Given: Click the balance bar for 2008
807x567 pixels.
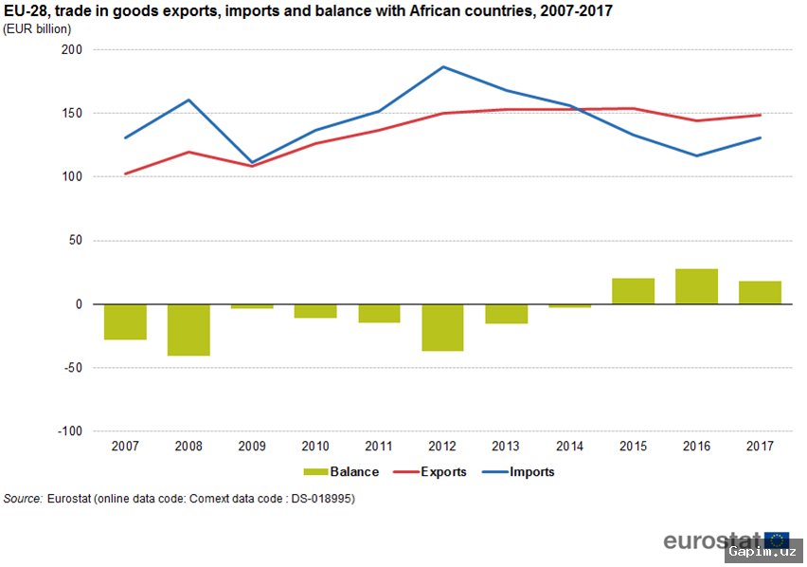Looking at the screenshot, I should pos(188,330).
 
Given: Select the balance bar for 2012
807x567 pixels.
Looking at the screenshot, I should pos(442,328).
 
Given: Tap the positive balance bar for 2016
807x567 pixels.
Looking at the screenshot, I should pos(696,286).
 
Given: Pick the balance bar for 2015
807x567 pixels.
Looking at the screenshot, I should pos(633,291).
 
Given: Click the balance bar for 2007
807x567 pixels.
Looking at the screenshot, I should pos(125,322).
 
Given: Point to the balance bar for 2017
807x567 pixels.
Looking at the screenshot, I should pos(760,293).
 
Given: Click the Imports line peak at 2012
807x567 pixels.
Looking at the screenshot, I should pos(442,67).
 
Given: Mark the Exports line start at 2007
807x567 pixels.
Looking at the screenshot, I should pos(125,174).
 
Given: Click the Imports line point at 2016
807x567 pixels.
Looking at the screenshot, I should pos(696,155).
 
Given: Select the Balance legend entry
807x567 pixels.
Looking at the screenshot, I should pos(341,472).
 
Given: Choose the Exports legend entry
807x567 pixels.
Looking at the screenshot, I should pos(431,472).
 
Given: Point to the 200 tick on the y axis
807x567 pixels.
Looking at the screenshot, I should pos(72,49).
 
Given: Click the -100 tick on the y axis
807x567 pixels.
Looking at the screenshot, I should pos(69,431).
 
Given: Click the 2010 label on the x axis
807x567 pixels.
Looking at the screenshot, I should pos(315,446).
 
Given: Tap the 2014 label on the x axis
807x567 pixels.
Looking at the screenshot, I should pos(569,446).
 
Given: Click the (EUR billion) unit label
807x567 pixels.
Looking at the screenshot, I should pos(37,29).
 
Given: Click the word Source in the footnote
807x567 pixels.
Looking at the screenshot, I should pos(23,499).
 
